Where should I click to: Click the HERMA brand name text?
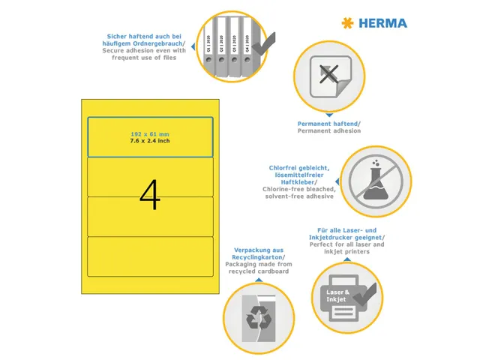tap(382, 23)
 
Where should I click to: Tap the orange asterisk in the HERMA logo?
tap(346, 23)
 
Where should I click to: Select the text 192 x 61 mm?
tap(150, 133)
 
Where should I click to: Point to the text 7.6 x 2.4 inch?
tap(150, 139)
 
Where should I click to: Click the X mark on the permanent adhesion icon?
tap(327, 75)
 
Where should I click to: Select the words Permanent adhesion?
tap(328, 130)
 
